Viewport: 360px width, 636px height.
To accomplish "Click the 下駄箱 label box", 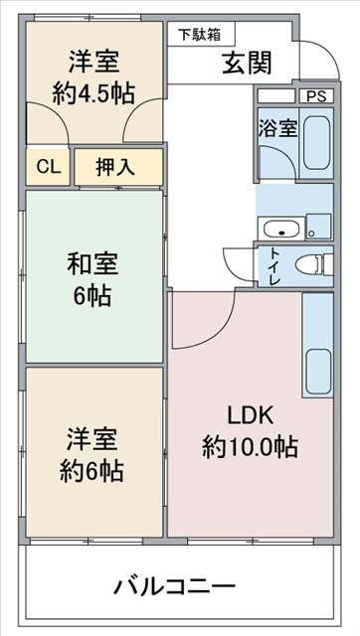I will (x=201, y=35).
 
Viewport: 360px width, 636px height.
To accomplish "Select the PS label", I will (x=315, y=96).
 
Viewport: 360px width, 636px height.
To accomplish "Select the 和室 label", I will (x=92, y=264).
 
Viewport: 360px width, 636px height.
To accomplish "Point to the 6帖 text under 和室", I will (x=92, y=295).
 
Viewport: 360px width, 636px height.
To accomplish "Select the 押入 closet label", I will (x=115, y=167).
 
